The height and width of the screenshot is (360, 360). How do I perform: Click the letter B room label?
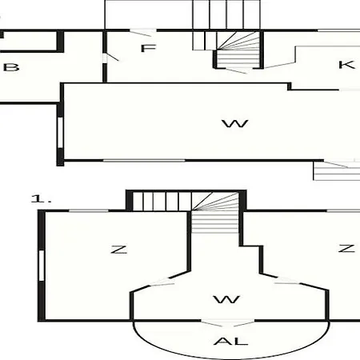pos(11,67)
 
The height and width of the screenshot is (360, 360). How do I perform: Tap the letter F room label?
pos(148,48)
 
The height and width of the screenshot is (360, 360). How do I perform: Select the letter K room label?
pos(346,65)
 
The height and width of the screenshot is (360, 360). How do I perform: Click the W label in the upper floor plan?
pos(235,123)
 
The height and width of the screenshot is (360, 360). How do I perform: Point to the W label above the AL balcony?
pos(226,299)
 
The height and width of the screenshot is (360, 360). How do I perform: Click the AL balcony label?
pos(231,341)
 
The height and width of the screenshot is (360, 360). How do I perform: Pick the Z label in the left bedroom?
pos(118,250)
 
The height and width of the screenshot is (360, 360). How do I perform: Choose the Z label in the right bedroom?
pos(346,248)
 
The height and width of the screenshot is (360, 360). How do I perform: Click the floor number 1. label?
pos(41,198)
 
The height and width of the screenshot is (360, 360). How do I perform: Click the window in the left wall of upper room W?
pos(61,133)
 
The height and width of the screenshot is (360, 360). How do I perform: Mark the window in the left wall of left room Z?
pos(42,266)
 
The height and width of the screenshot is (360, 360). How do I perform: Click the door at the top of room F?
pos(143,33)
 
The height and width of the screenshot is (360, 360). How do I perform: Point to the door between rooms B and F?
pos(110,58)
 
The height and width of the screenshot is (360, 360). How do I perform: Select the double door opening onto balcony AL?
pos(227,322)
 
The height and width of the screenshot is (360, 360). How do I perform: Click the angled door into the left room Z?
pos(160,282)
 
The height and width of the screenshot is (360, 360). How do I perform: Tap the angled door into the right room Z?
pos(287,281)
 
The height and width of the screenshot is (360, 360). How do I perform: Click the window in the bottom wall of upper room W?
pos(144,161)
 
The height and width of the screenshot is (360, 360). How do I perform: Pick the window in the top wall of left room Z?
pos(89,211)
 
